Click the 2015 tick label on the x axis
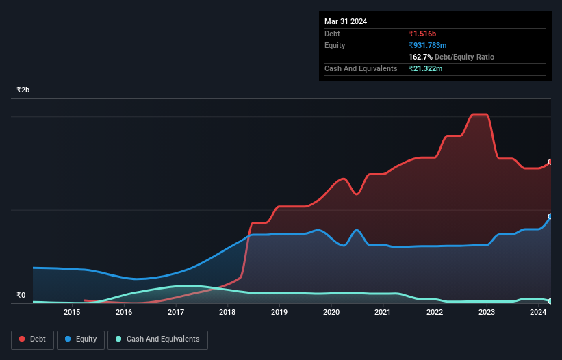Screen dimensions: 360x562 tap(72, 313)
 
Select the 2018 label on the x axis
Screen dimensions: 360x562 tap(227, 313)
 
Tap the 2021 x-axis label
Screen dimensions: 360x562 tap(383, 313)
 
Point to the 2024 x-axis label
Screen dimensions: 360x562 tap(538, 313)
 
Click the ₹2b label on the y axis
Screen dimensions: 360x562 tap(23, 90)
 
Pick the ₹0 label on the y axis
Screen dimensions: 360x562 tap(21, 296)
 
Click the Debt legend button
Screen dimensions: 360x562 tap(33, 339)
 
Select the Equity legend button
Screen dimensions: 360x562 tap(81, 339)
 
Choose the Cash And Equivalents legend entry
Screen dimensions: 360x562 tap(157, 339)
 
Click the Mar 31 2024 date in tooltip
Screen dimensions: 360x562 tap(346, 21)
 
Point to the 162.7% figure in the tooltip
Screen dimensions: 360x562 tap(421, 57)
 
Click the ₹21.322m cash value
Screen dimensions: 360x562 tap(426, 69)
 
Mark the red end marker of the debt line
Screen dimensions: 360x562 tap(550, 162)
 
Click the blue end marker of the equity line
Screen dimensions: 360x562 tap(550, 216)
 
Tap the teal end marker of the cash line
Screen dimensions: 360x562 tap(550, 301)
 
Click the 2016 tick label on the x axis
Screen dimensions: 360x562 tap(124, 313)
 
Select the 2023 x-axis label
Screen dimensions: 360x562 tap(486, 313)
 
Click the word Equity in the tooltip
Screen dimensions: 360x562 tap(335, 45)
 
